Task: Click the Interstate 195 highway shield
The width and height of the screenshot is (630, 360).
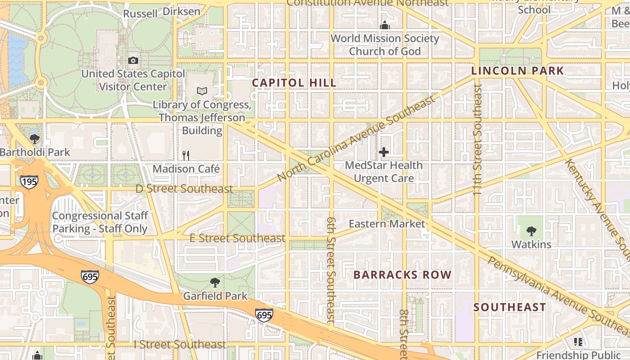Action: pyautogui.click(x=29, y=182)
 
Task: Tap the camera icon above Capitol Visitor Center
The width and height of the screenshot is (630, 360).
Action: pyautogui.click(x=133, y=60)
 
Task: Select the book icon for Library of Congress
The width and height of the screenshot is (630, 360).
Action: pyautogui.click(x=202, y=91)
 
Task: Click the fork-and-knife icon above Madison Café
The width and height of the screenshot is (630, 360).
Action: pyautogui.click(x=186, y=156)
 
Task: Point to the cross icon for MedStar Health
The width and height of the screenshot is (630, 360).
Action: pyautogui.click(x=383, y=153)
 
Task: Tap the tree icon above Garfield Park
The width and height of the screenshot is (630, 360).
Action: pyautogui.click(x=215, y=283)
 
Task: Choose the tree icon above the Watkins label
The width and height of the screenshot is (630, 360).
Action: pyautogui.click(x=531, y=231)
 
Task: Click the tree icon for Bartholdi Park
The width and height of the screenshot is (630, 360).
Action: pyautogui.click(x=35, y=139)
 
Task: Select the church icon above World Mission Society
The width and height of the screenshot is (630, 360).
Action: pyautogui.click(x=384, y=26)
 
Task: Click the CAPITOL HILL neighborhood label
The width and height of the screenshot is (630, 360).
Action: pyautogui.click(x=294, y=83)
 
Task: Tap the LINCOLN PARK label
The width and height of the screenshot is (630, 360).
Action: pyautogui.click(x=517, y=71)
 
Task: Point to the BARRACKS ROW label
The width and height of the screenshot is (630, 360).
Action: pyautogui.click(x=402, y=274)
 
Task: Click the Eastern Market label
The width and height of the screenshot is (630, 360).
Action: pyautogui.click(x=387, y=224)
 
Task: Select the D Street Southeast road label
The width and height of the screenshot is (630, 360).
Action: pyautogui.click(x=184, y=189)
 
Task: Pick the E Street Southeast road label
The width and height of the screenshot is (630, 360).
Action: pyautogui.click(x=237, y=238)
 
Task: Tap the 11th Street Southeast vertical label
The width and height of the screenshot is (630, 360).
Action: pyautogui.click(x=477, y=139)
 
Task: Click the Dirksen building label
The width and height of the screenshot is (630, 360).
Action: pyautogui.click(x=181, y=11)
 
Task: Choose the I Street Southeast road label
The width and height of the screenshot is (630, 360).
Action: pyautogui.click(x=180, y=345)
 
